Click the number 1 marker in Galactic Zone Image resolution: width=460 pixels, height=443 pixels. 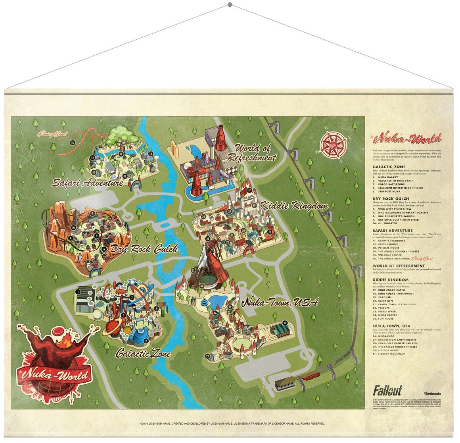78,291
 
